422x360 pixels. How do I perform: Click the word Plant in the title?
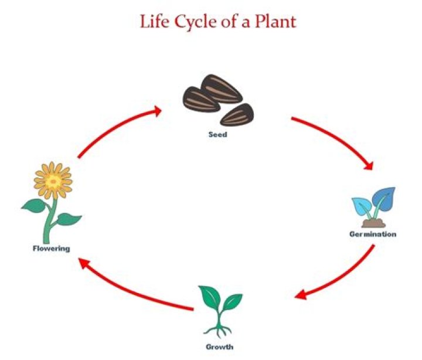(x=274, y=22)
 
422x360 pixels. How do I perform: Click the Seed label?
(x=217, y=134)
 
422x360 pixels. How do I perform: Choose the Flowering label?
(x=51, y=248)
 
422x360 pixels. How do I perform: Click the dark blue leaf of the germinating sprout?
(x=384, y=199)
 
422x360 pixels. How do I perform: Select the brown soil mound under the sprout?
(x=373, y=222)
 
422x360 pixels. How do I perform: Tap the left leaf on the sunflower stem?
(x=35, y=205)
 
